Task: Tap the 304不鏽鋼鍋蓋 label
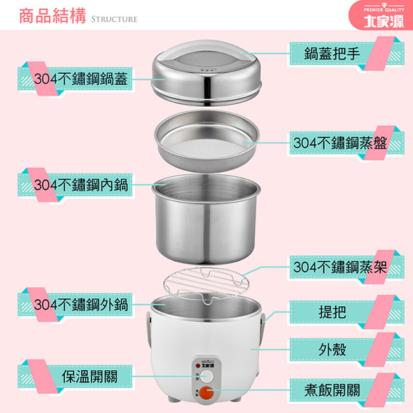pos(81,79)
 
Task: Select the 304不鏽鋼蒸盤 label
pos(340,144)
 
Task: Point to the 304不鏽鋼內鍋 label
pos(81,185)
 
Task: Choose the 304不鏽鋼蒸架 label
pos(340,267)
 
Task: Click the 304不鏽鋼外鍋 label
pos(81,305)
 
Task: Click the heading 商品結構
pos(53,17)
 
